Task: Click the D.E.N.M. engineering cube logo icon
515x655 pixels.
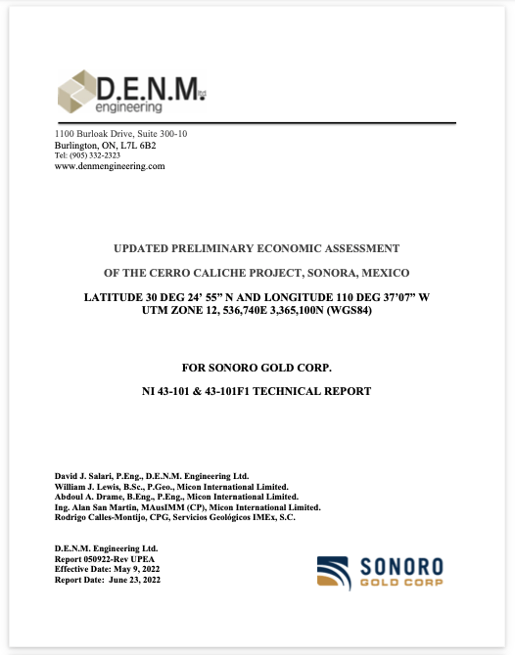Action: point(74,93)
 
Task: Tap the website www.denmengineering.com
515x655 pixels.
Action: point(110,166)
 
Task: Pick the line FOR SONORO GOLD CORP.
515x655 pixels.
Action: point(257,368)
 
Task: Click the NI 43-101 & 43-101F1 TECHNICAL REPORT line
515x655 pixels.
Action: point(257,391)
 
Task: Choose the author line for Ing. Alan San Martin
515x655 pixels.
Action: point(187,507)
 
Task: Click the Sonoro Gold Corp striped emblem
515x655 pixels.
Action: point(339,572)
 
